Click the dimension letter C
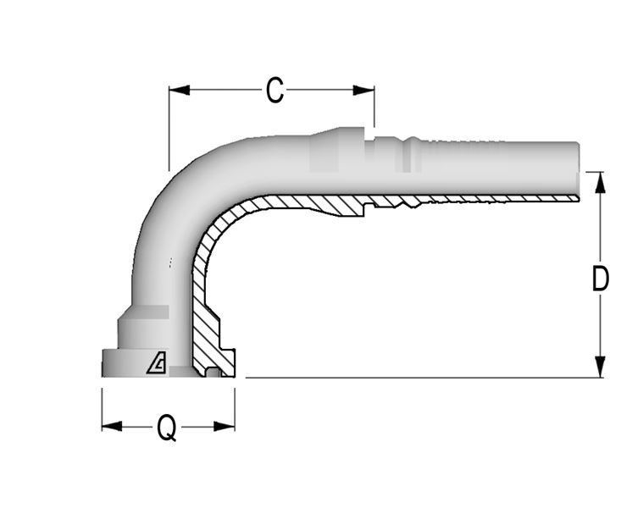click(274, 91)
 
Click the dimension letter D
click(600, 278)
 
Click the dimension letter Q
click(167, 428)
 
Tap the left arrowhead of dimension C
click(180, 91)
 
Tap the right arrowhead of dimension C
click(363, 91)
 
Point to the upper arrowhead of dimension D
click(601, 183)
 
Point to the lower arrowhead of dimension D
click(601, 367)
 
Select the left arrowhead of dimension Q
click(112, 427)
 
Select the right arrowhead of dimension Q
click(225, 427)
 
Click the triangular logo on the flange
click(157, 362)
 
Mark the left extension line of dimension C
click(169, 129)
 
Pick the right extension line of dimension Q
click(235, 410)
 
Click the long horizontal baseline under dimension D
click(424, 378)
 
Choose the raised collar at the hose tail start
click(336, 150)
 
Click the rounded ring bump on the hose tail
click(413, 154)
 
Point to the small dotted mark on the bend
click(170, 262)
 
